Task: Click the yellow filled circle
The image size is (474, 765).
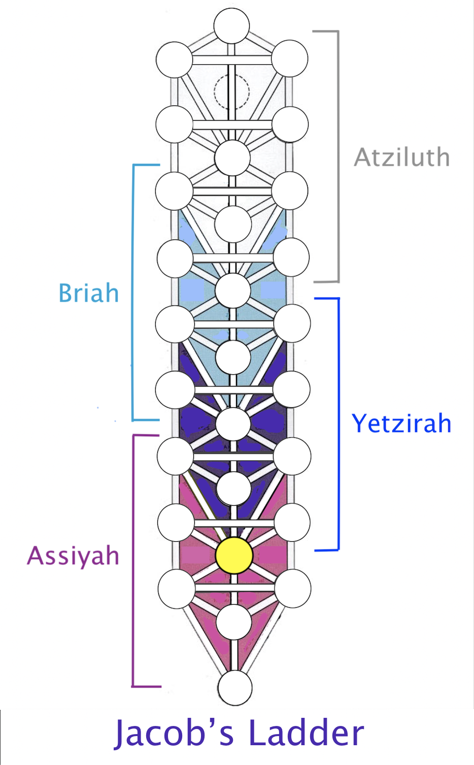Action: point(234,555)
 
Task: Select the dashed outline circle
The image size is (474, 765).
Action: point(215,91)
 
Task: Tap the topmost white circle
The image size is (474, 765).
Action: point(232,26)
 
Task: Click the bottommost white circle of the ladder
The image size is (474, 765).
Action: point(235,688)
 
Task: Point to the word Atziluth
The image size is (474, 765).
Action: point(402,157)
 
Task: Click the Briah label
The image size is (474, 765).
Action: point(89,293)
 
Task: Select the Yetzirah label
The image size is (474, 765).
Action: point(401,424)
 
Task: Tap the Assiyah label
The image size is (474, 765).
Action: point(73,556)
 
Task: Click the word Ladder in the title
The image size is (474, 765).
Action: point(306,733)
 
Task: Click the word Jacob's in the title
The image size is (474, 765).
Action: point(174,734)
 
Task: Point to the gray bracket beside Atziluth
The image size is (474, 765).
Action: point(338,156)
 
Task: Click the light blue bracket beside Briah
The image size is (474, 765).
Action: point(133,293)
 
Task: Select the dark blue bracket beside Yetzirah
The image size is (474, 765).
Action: point(338,424)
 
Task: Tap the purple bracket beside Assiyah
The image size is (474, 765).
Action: point(133,561)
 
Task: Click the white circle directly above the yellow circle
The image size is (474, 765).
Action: point(234,489)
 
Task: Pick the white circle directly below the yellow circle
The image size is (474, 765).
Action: point(234,622)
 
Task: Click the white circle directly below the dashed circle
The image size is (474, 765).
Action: point(232,158)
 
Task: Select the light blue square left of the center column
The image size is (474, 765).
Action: point(192,290)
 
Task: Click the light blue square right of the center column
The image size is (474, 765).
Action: point(273,290)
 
